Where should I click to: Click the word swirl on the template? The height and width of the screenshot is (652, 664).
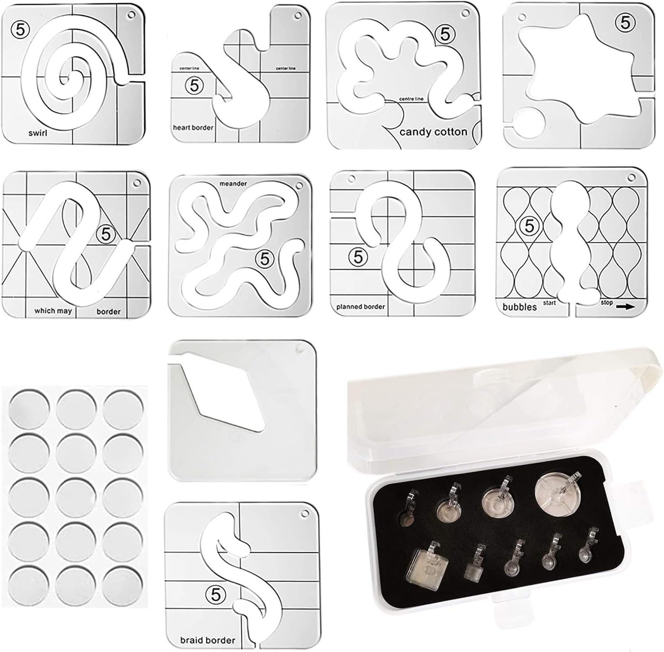38,133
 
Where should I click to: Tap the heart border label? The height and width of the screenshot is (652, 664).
193,128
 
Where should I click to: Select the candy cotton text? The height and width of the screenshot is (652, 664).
433,132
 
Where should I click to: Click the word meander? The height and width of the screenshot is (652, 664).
233,184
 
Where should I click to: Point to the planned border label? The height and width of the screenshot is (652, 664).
360,307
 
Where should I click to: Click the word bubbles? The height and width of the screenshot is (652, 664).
519,307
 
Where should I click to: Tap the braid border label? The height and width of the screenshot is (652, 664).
208,640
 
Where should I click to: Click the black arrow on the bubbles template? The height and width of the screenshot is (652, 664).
625,307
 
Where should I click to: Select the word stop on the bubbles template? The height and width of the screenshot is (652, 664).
606,303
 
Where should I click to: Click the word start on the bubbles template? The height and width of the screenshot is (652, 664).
549,303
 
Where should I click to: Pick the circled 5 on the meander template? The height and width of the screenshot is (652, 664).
265,259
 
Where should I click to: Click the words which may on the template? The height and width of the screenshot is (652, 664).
53,311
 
